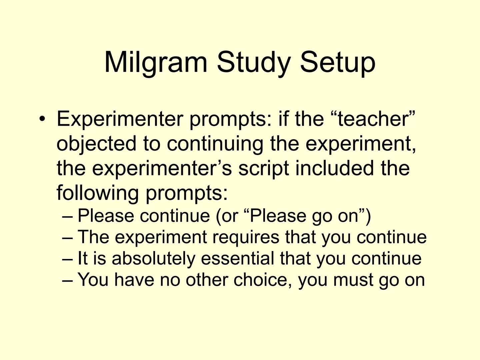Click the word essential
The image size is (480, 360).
point(237,258)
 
